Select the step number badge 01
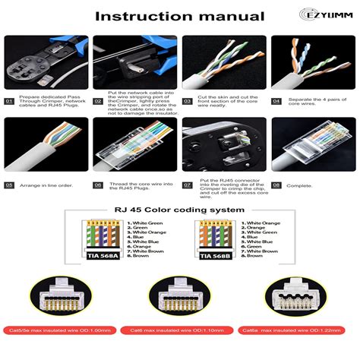(x=10, y=101)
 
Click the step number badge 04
(x=276, y=101)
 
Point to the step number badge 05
(x=10, y=185)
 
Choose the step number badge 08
(x=276, y=185)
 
